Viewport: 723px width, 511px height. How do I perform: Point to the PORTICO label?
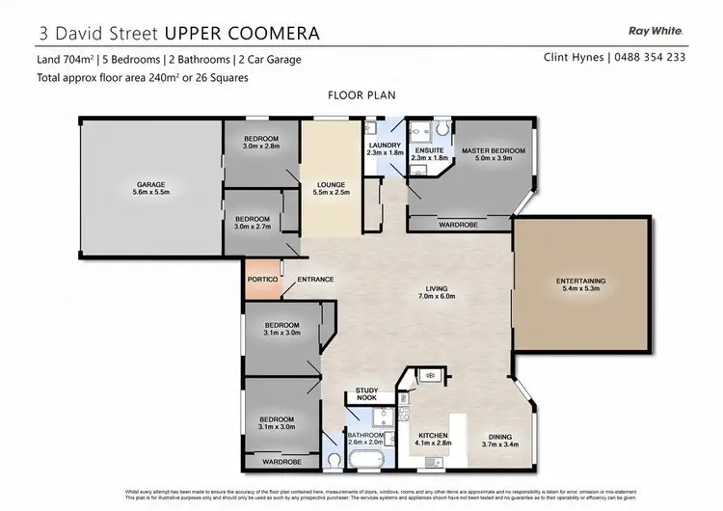point(262,280)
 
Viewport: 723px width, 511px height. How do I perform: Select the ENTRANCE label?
point(315,280)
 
